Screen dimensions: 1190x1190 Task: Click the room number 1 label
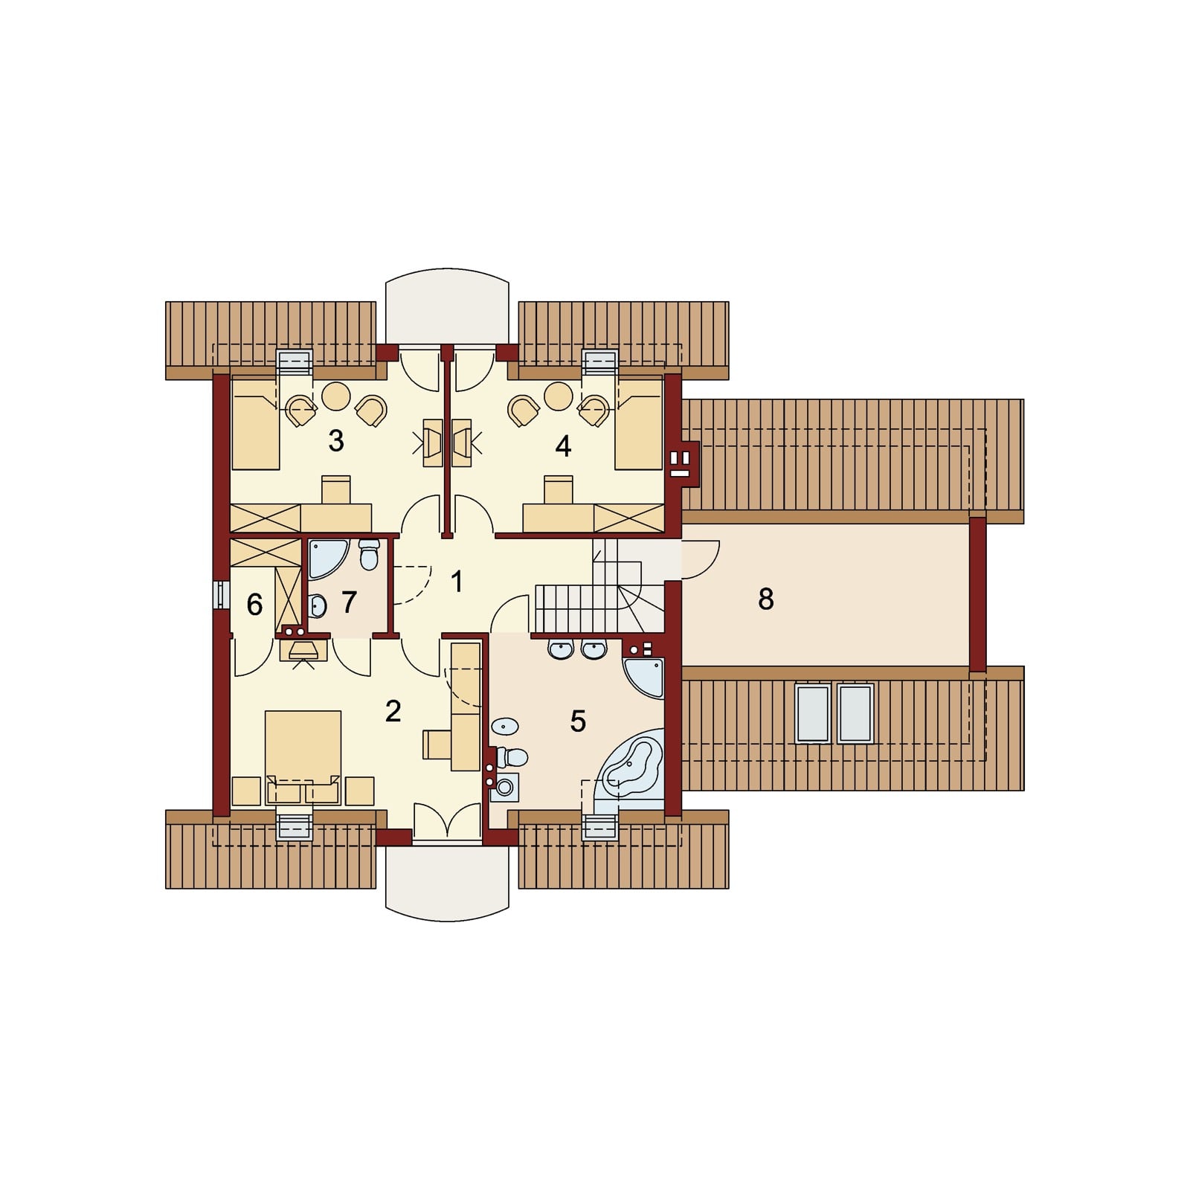click(457, 582)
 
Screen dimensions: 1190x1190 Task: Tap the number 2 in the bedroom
click(393, 711)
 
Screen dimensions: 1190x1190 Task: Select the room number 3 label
click(336, 441)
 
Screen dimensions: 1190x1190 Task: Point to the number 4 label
click(563, 446)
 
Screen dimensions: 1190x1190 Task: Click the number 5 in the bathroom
click(578, 721)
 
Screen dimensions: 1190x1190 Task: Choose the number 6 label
click(254, 605)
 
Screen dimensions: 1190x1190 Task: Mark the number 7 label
click(349, 602)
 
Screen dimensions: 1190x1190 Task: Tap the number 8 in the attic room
click(765, 599)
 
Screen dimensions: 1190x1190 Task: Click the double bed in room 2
click(303, 757)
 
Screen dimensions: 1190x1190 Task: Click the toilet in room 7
click(369, 553)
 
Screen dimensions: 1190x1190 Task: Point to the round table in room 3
click(336, 396)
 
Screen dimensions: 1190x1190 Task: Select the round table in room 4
click(558, 396)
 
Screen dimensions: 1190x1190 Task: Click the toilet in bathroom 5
click(512, 758)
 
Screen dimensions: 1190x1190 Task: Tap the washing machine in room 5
click(505, 787)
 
